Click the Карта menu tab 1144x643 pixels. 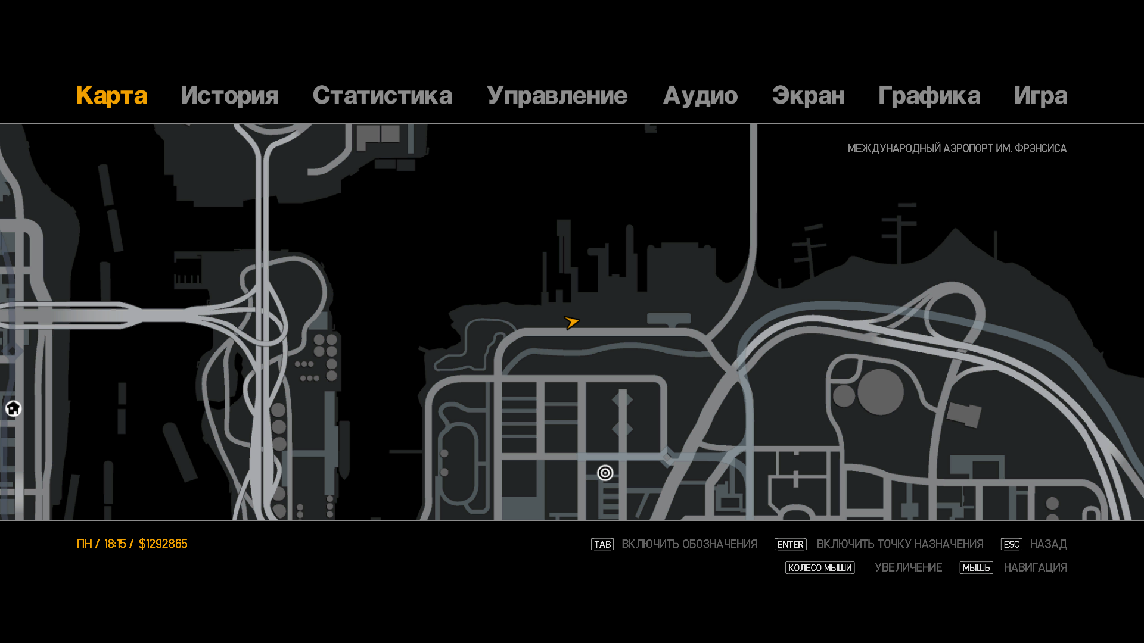(x=111, y=96)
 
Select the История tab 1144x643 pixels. (x=229, y=96)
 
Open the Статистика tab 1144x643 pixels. (x=382, y=96)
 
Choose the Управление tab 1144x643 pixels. (x=557, y=96)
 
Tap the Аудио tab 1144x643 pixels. (x=700, y=96)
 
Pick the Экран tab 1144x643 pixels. (x=808, y=96)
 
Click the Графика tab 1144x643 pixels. (x=929, y=96)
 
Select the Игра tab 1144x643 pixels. (x=1040, y=96)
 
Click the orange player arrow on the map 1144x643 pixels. (x=571, y=322)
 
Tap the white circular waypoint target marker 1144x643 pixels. (x=605, y=473)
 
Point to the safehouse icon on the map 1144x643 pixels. (x=13, y=408)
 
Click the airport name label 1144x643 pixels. (x=957, y=148)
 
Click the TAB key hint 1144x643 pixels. (x=602, y=544)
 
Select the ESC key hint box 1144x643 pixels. (x=1011, y=544)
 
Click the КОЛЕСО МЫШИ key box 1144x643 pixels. (x=819, y=568)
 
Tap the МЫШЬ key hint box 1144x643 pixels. (x=976, y=568)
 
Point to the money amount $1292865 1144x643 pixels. (x=163, y=544)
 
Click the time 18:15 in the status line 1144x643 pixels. (x=115, y=544)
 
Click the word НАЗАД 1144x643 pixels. (x=1048, y=544)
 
